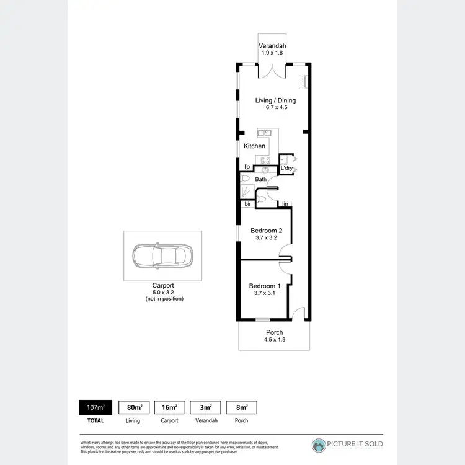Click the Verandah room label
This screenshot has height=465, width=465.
point(271,46)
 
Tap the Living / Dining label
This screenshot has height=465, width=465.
point(275,100)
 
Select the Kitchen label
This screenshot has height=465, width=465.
point(254,146)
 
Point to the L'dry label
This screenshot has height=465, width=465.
point(286,169)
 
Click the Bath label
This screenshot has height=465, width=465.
point(260,180)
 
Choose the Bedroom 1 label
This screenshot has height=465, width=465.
point(265,286)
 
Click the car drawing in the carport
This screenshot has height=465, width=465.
point(162,255)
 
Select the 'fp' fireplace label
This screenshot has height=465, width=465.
point(246,167)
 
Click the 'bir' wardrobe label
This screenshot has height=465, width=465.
point(247,204)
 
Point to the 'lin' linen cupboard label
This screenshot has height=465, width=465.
point(285,204)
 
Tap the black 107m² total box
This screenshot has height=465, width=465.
point(95,407)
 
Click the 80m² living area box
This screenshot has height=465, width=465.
point(133,407)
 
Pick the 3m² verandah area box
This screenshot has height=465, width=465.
point(206,407)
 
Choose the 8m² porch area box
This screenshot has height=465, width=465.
point(242,407)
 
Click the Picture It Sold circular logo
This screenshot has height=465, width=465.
point(319,445)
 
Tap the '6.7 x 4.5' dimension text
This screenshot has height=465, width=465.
point(275,108)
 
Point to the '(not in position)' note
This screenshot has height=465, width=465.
point(162,299)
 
